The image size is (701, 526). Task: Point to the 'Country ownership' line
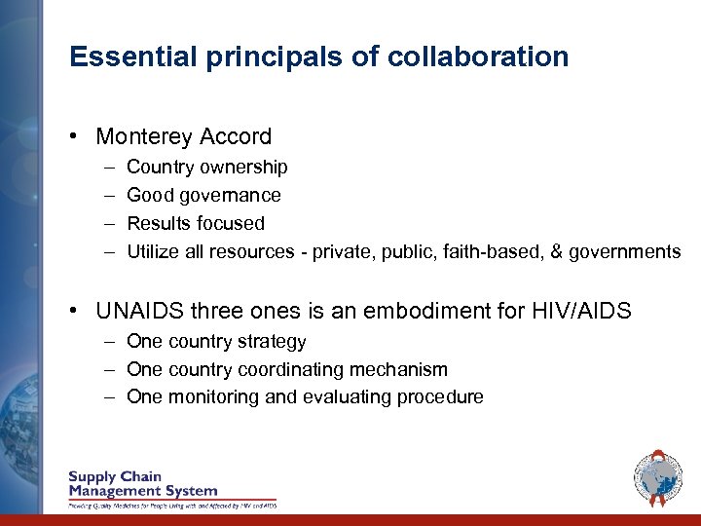pos(206,167)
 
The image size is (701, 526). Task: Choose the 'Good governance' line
pos(203,195)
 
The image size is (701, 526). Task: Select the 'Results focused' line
pos(196,223)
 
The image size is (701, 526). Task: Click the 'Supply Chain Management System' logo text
pos(143,484)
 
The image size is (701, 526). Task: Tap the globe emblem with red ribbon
pos(658,478)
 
